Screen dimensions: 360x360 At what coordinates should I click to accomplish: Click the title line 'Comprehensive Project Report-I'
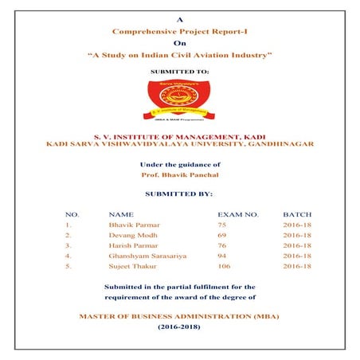179,30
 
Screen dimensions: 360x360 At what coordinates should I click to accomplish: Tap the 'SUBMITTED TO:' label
180,72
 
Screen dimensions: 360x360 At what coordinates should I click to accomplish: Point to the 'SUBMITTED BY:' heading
180,194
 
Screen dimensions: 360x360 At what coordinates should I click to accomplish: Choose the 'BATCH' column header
297,215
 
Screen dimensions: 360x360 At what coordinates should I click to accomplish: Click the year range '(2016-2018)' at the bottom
180,327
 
